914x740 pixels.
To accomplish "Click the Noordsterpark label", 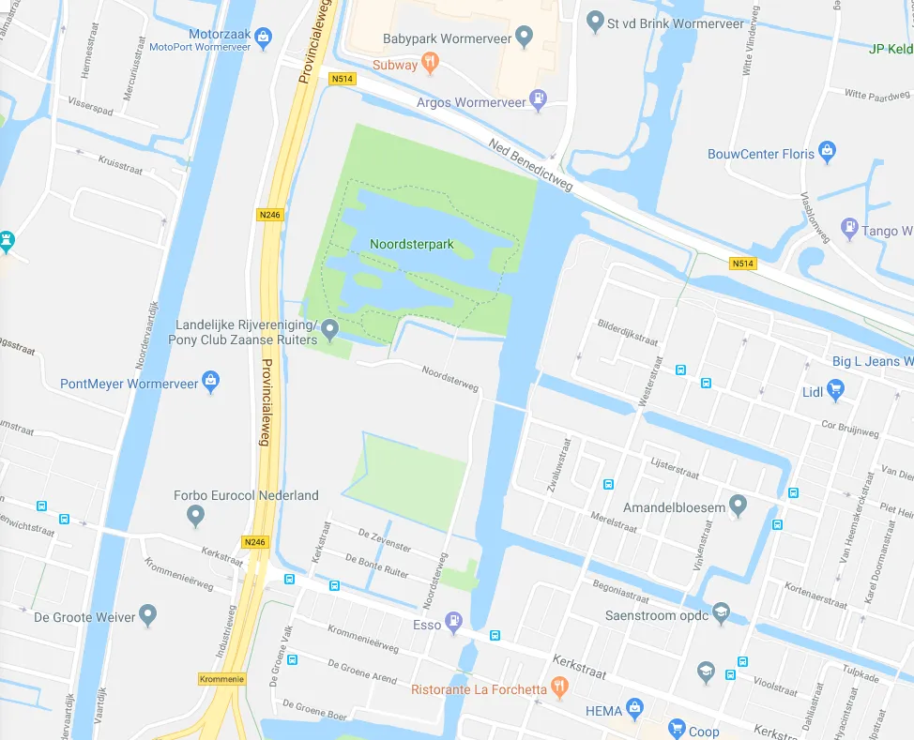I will pos(412,245).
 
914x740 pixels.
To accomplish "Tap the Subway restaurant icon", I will pos(430,64).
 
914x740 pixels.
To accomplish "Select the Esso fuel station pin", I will pos(454,620).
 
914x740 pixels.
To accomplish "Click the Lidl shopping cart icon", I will pos(835,389).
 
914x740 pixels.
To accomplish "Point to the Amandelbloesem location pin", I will pos(739,506).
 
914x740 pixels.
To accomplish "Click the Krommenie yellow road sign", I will pos(221,678).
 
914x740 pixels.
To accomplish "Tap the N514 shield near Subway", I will pos(343,80).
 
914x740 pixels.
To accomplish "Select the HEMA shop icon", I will pos(635,708).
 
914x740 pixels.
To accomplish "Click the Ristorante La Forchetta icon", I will pos(560,687).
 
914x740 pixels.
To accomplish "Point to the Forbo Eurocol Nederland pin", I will pos(195,514).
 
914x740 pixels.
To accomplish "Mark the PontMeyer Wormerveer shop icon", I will pos(211,382).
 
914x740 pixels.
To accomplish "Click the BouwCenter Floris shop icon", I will pos(827,152).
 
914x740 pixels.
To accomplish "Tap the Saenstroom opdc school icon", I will pos(721,612).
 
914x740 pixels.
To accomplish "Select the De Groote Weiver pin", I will pos(147,615).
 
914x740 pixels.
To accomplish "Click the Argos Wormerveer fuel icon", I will pos(538,98).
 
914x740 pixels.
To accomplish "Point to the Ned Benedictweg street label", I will pos(530,165).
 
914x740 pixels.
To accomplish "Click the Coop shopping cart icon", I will pos(677,729).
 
